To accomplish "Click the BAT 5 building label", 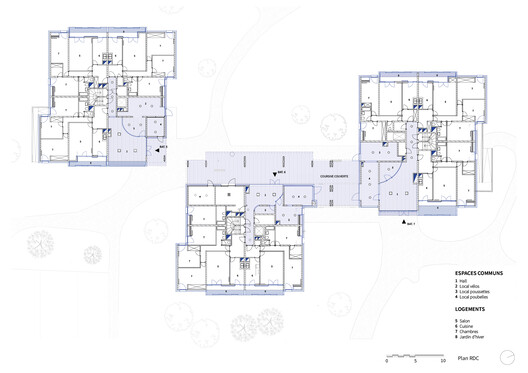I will [164, 145].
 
